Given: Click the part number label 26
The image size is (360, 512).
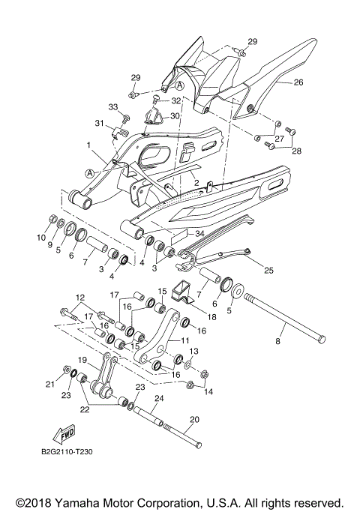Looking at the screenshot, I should click(x=298, y=83).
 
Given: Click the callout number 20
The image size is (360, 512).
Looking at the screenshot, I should click(x=195, y=420).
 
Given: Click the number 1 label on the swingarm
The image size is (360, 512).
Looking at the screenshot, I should click(x=88, y=144).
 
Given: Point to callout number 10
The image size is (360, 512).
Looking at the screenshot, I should click(x=40, y=238).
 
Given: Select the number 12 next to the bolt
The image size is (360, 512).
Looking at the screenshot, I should click(x=80, y=298).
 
